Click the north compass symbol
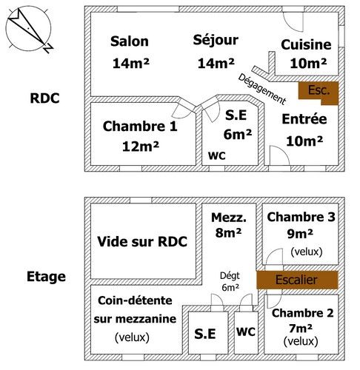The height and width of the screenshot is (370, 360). coord(29,30)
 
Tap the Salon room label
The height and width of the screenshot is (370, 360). coord(130,41)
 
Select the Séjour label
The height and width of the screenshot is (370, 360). coord(216,40)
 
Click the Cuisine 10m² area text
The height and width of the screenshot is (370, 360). coord(308,64)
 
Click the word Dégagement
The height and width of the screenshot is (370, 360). coord(262,89)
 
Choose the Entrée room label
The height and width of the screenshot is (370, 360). coord(304,119)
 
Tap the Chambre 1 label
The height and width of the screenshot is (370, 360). coord(140,127)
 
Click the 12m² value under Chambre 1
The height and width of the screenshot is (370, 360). coord(141,147)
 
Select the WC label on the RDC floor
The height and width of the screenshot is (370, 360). coord(217,156)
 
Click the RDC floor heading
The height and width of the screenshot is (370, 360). coord(44,98)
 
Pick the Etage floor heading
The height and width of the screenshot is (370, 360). coord(46,277)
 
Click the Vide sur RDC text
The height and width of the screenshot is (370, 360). coord(142,241)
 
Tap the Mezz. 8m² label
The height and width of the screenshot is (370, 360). coord(229,225)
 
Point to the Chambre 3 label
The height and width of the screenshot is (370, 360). coord(301,217)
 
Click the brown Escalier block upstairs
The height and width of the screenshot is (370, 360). coord(297,280)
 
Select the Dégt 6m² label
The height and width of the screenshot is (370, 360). coord(230,281)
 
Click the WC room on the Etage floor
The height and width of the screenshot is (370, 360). coord(246,332)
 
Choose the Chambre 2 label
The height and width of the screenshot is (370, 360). coord(303,313)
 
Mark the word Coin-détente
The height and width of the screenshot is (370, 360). coord(135,300)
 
